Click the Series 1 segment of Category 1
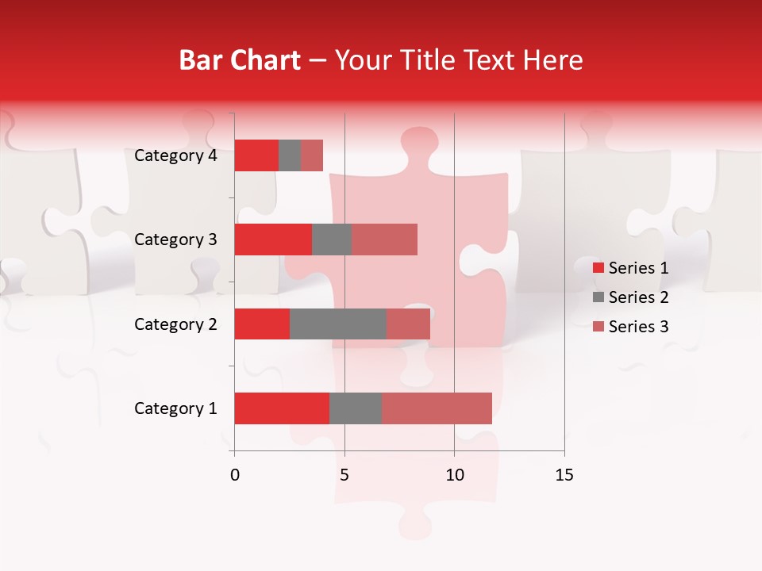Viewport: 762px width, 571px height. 282,408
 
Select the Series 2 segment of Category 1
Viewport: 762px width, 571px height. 356,408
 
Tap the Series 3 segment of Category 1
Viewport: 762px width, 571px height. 437,408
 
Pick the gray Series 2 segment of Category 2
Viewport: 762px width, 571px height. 338,324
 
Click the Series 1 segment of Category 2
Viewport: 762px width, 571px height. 262,324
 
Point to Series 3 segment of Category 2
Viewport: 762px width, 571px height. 408,324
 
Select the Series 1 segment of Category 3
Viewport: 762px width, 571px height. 273,240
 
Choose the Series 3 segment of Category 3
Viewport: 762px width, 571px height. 384,240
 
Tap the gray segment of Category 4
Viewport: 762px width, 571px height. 290,155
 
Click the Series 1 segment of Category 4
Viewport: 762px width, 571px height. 256,155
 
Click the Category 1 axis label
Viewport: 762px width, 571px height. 175,408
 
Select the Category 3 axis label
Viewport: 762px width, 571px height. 175,240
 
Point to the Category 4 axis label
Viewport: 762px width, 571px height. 175,155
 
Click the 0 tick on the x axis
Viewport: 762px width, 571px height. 235,475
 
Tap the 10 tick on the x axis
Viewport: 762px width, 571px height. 454,475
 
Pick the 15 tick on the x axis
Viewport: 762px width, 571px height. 564,475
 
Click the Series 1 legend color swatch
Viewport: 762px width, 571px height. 598,268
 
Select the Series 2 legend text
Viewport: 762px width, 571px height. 638,297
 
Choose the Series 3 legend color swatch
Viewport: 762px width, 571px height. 598,327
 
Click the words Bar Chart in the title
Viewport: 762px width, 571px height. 240,59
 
